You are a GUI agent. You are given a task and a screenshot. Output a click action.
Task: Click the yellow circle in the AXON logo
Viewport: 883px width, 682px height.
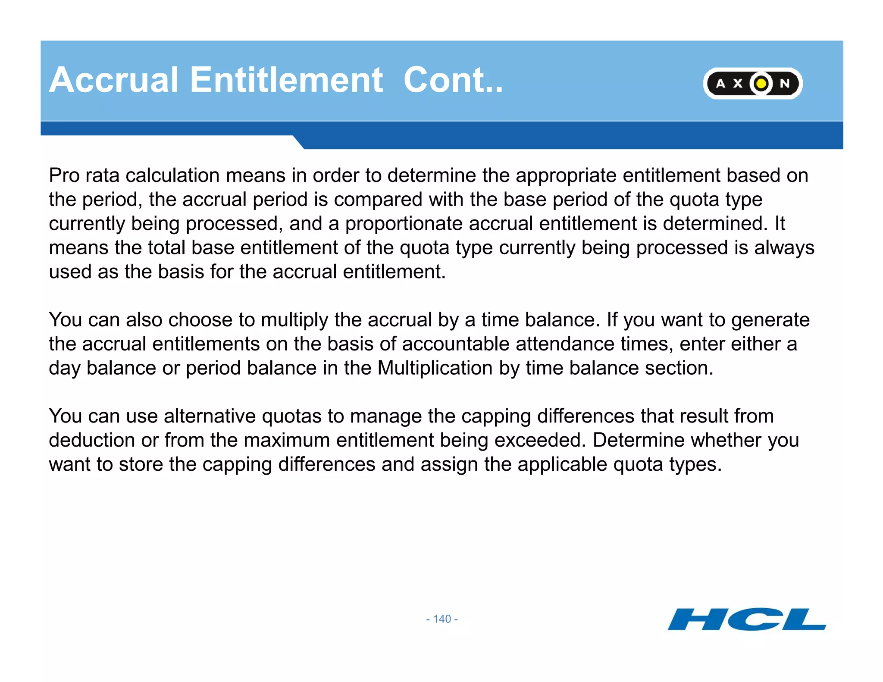[761, 83]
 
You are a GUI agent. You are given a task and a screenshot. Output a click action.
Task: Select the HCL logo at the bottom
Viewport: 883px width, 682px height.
[746, 619]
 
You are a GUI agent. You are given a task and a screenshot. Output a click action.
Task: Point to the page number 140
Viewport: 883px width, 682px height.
[442, 619]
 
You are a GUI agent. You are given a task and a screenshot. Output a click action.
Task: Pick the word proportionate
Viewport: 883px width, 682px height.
[404, 224]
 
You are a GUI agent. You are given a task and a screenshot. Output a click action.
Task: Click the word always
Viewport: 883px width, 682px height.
[784, 248]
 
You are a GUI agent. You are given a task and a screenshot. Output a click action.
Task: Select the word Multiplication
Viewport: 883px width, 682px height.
[435, 368]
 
